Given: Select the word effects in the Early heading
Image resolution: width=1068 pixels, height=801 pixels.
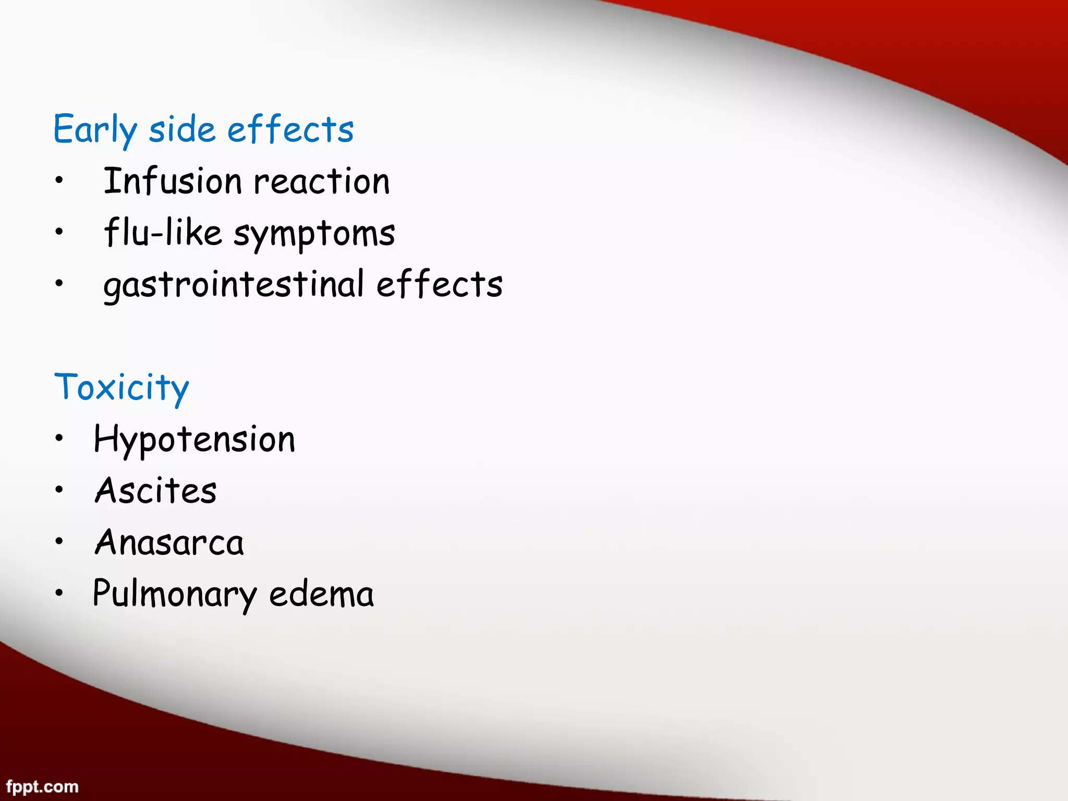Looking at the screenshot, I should (x=290, y=129).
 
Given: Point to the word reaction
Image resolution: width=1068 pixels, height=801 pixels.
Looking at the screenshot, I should (x=322, y=182).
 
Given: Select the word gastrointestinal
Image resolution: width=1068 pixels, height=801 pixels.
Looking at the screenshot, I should (x=233, y=285).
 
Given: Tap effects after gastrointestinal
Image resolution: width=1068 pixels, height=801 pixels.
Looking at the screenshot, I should (x=439, y=285).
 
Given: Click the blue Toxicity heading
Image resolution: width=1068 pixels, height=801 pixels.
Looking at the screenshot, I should (x=122, y=387).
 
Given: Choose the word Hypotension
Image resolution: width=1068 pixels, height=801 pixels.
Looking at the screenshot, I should (x=194, y=439).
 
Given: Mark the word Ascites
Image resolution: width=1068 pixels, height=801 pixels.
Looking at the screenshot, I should (x=155, y=491).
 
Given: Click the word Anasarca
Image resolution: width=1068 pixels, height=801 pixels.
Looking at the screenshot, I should (x=169, y=542).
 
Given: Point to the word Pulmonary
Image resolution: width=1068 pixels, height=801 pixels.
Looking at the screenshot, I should (x=174, y=594).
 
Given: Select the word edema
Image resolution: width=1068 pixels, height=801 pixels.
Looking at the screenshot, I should (x=321, y=594).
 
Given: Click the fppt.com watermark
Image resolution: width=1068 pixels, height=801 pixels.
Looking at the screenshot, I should (x=42, y=786).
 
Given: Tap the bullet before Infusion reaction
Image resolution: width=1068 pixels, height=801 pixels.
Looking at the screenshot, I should (x=59, y=180).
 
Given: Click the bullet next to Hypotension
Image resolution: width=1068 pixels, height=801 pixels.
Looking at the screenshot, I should (x=59, y=438).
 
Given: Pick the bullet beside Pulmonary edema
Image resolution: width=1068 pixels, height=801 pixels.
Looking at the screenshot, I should (x=59, y=592).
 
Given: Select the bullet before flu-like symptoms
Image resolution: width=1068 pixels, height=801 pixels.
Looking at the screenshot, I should (x=59, y=232).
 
